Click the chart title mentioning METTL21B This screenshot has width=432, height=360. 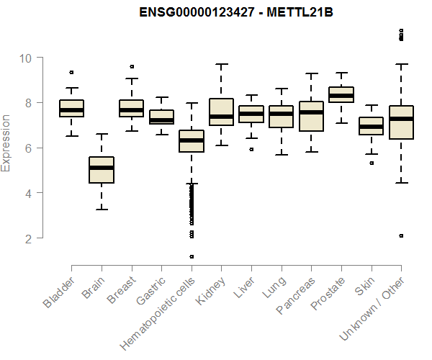point(217,12)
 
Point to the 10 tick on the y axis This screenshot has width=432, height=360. point(31,58)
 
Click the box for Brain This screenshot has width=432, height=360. point(102,170)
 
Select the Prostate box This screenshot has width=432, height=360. point(341,94)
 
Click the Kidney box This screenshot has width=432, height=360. point(221,112)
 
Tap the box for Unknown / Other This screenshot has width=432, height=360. point(400,122)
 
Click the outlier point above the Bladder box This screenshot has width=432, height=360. point(71,72)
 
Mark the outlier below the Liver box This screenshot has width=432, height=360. point(251,149)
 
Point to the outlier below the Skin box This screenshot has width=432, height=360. point(371,163)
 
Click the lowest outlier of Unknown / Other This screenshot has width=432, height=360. point(400,235)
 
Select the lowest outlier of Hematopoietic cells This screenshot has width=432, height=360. point(192,256)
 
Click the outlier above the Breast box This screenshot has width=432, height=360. point(132,66)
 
